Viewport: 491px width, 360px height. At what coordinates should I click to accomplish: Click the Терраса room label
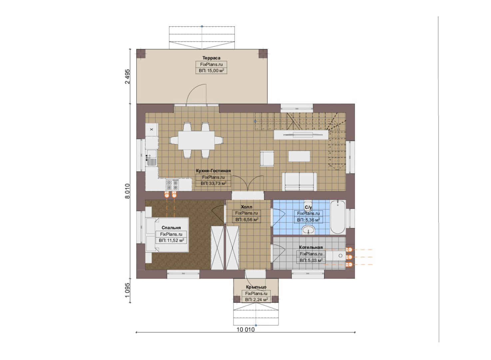pyautogui.click(x=211, y=58)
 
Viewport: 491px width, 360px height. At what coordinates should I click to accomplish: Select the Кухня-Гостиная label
pyautogui.click(x=213, y=171)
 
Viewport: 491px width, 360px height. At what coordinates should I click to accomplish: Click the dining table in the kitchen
pyautogui.click(x=197, y=140)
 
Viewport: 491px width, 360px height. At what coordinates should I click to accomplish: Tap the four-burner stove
pyautogui.click(x=172, y=184)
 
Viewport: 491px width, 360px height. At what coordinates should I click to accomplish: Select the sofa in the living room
pyautogui.click(x=299, y=182)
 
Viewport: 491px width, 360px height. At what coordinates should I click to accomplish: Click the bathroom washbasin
pyautogui.click(x=308, y=230)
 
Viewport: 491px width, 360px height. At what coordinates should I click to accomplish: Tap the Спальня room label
pyautogui.click(x=171, y=228)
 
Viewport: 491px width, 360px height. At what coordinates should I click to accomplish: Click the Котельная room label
pyautogui.click(x=311, y=247)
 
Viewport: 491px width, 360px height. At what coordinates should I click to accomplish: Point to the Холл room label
pyautogui.click(x=246, y=207)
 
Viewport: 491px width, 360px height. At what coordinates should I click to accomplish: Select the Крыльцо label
pyautogui.click(x=256, y=287)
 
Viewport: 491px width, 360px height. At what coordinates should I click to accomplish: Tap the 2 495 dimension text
pyautogui.click(x=127, y=77)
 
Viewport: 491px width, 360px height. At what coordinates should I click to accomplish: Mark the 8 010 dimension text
pyautogui.click(x=127, y=191)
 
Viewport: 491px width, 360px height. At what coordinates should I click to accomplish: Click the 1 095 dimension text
pyautogui.click(x=127, y=290)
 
